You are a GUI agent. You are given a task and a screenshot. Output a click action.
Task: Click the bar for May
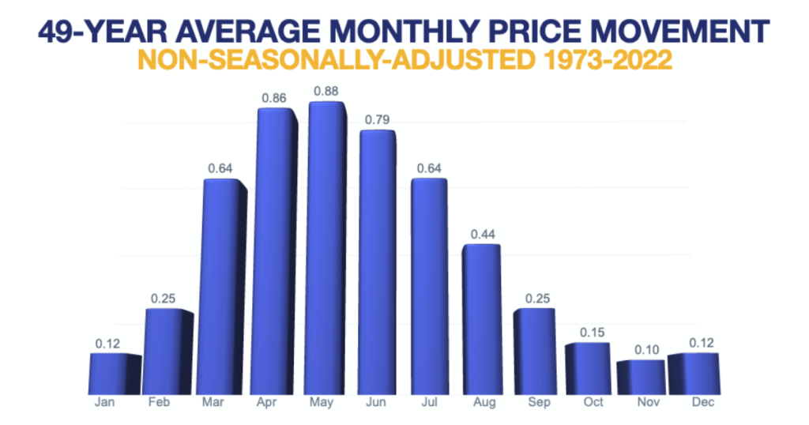325,249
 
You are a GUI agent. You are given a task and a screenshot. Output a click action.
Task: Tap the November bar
639,378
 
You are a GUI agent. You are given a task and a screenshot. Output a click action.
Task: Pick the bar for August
480,320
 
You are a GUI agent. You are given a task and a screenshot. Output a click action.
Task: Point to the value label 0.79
377,120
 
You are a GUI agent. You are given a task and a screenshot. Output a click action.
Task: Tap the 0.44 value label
482,235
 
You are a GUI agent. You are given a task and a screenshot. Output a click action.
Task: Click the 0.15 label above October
588,333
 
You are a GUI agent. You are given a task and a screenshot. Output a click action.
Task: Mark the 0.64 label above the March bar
220,168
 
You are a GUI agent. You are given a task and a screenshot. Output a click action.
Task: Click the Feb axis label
160,403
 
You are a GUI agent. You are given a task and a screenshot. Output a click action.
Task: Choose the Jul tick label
430,403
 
